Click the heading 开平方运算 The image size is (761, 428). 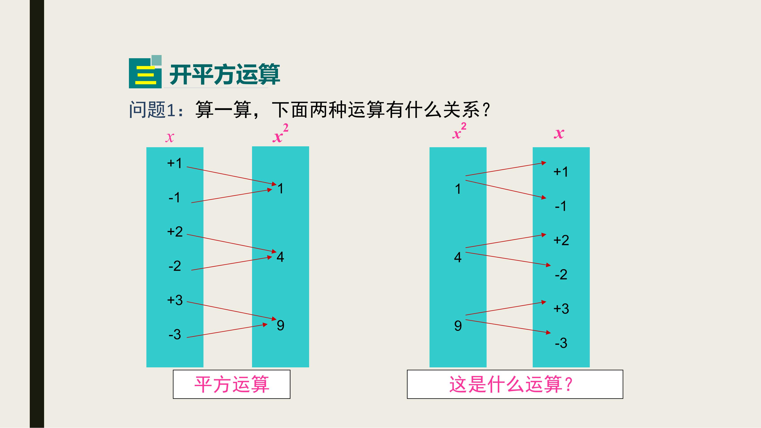(224, 75)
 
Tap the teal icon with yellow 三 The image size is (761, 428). (145, 72)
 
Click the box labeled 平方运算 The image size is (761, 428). (232, 384)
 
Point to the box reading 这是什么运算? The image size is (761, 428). (515, 384)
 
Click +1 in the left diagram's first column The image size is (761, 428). (175, 163)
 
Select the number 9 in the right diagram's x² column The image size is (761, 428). (458, 326)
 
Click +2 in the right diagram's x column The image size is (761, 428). (561, 240)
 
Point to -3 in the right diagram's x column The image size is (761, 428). (561, 343)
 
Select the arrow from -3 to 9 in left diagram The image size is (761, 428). (227, 331)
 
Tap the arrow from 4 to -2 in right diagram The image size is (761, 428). (508, 259)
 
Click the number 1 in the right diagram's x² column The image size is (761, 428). (458, 189)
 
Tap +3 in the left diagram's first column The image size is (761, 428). (175, 300)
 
